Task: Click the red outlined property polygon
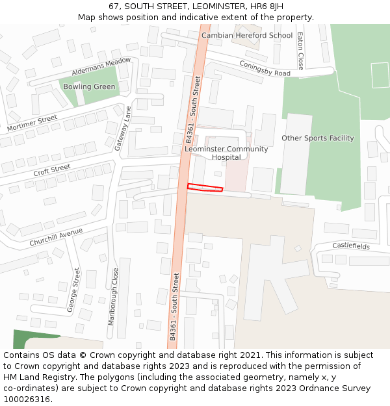(x=205, y=188)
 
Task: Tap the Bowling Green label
(x=89, y=87)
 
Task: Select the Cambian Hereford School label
(x=247, y=36)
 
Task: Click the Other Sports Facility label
(x=317, y=138)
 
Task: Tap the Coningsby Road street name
(x=265, y=69)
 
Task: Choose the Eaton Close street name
(x=300, y=51)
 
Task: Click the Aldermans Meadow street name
(x=101, y=66)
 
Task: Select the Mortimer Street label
(x=32, y=123)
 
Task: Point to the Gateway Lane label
(x=123, y=129)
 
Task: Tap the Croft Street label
(x=51, y=171)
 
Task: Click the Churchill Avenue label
(x=56, y=237)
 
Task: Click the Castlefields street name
(x=351, y=246)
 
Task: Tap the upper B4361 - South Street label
(x=194, y=110)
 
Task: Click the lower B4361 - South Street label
(x=174, y=307)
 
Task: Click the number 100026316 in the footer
(x=27, y=400)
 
